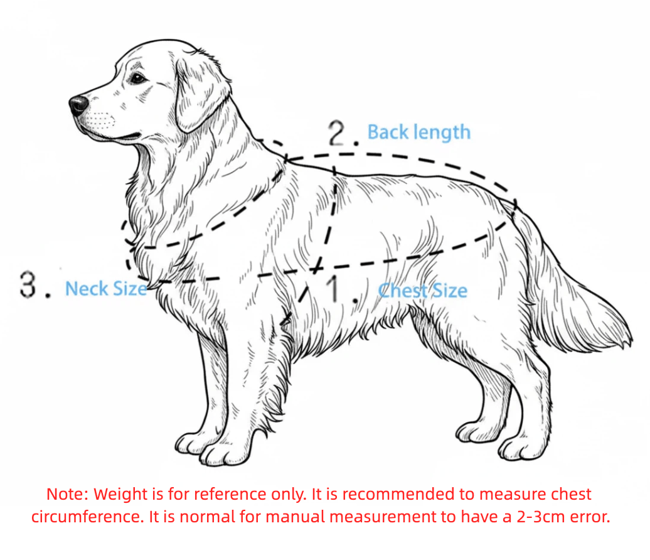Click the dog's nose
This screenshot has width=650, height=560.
(79, 105)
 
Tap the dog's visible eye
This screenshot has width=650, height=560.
(137, 78)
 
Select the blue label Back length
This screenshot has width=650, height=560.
(418, 132)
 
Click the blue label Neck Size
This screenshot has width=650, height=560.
(106, 289)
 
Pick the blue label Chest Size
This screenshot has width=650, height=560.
(423, 291)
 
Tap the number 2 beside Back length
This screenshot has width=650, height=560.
(339, 133)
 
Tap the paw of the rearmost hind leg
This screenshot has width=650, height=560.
(521, 448)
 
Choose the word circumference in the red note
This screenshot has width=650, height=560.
(79, 518)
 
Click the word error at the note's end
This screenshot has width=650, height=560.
(592, 518)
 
